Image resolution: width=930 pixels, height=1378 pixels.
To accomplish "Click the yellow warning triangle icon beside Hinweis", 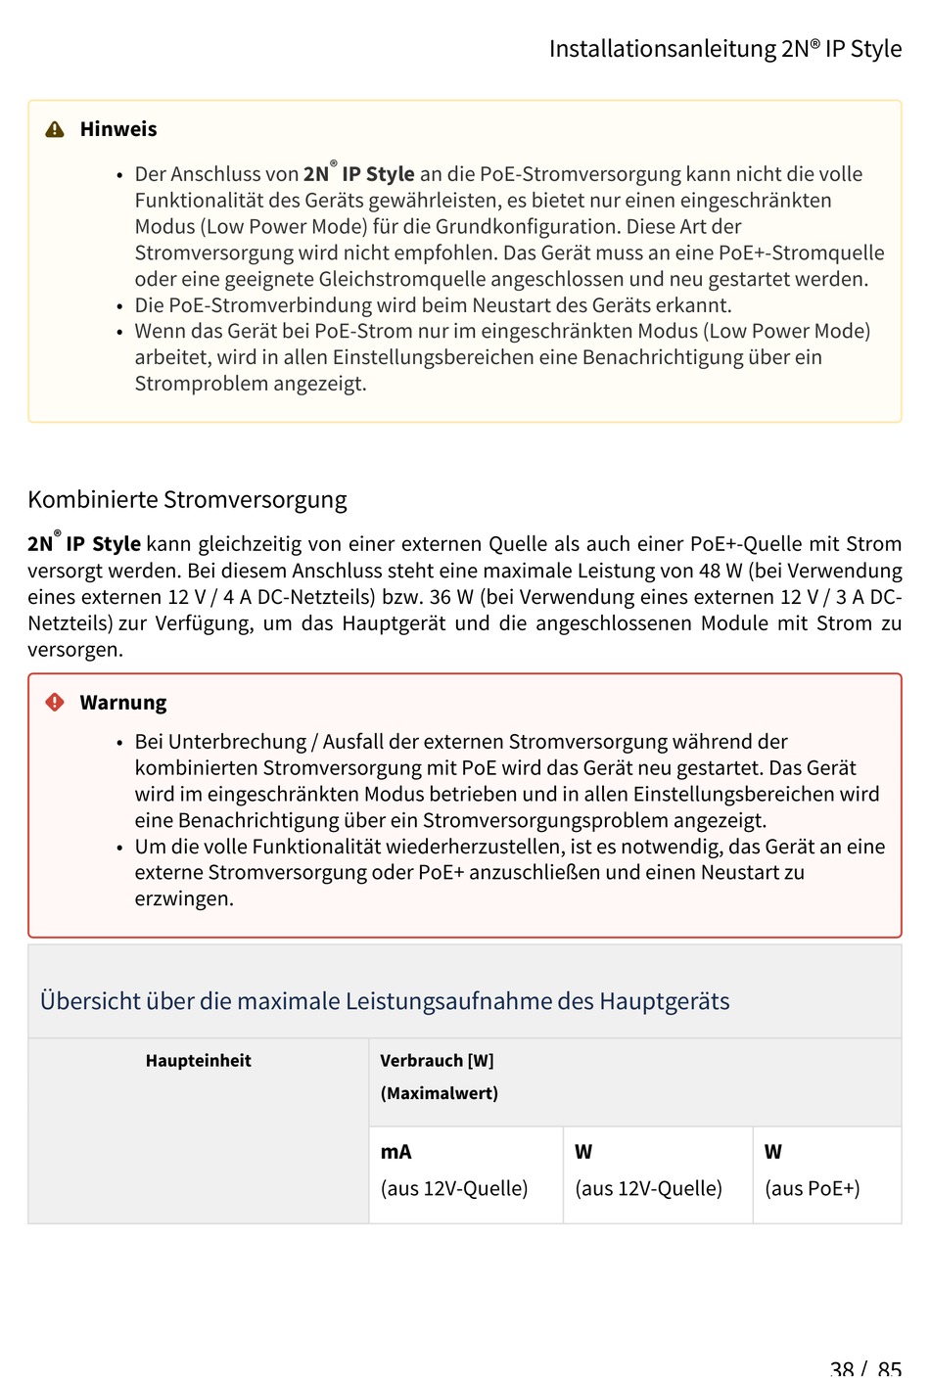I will (x=55, y=129).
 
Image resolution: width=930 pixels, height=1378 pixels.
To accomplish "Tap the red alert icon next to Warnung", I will (x=55, y=702).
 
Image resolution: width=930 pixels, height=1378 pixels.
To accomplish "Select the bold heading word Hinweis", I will (x=118, y=129).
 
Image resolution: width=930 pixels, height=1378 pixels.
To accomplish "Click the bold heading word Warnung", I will (x=123, y=703).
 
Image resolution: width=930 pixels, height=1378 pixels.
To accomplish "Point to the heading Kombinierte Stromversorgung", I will (x=187, y=500).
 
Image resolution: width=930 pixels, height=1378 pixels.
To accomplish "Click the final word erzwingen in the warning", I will (x=183, y=898).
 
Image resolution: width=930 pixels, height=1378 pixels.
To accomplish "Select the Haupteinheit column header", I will (x=198, y=1061).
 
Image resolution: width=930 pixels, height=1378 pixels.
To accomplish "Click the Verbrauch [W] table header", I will (x=437, y=1061).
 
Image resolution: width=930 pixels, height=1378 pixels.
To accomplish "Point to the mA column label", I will (x=395, y=1152).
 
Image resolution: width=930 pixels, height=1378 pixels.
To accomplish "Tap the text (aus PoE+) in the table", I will (x=812, y=1188).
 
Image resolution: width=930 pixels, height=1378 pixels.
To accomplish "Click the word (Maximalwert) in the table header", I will (x=439, y=1093).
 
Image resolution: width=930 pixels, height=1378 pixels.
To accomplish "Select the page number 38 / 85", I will (x=865, y=1367).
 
